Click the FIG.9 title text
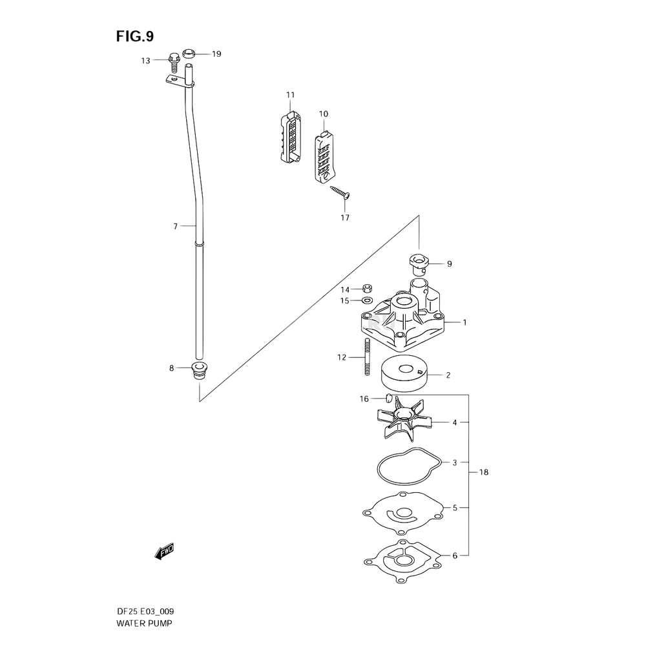click(135, 37)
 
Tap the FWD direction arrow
click(164, 551)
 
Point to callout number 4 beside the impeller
click(455, 423)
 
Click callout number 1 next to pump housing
click(464, 321)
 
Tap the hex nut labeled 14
click(366, 289)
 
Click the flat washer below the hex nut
click(366, 300)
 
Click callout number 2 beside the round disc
click(449, 374)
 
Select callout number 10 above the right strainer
click(324, 114)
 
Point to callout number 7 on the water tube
click(175, 225)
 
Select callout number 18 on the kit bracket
click(484, 473)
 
